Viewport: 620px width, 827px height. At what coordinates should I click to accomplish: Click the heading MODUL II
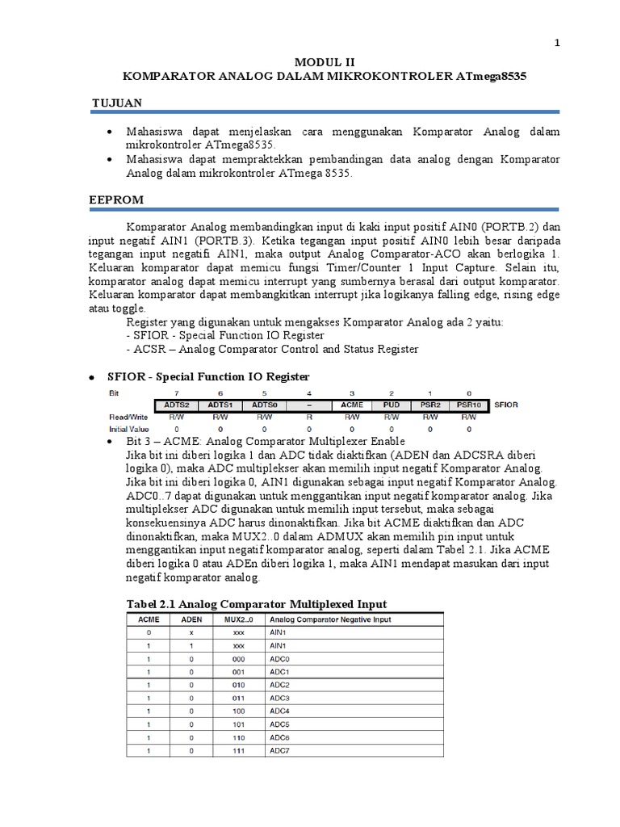click(x=324, y=61)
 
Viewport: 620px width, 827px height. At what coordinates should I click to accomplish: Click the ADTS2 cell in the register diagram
click(x=176, y=405)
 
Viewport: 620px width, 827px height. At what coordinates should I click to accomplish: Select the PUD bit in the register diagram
click(x=392, y=405)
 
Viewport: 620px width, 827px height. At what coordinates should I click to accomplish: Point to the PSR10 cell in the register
click(x=469, y=405)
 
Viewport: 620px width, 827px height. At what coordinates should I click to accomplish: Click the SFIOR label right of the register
click(x=505, y=405)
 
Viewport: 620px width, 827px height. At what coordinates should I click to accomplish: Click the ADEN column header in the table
click(x=192, y=619)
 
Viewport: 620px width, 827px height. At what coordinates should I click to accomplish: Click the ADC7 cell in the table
click(x=279, y=751)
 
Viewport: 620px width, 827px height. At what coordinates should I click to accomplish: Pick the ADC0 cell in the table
click(x=279, y=659)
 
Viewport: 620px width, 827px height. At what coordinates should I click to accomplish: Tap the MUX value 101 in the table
click(x=239, y=724)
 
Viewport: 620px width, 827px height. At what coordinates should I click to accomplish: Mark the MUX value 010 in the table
click(x=239, y=685)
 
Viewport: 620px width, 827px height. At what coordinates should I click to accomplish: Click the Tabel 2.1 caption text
click(x=257, y=604)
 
